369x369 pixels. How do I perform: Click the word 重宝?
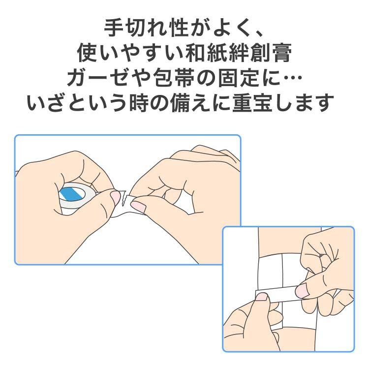tap(253, 102)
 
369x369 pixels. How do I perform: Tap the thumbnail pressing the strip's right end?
tap(302, 290)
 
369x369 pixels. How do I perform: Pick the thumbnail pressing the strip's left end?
tap(262, 297)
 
